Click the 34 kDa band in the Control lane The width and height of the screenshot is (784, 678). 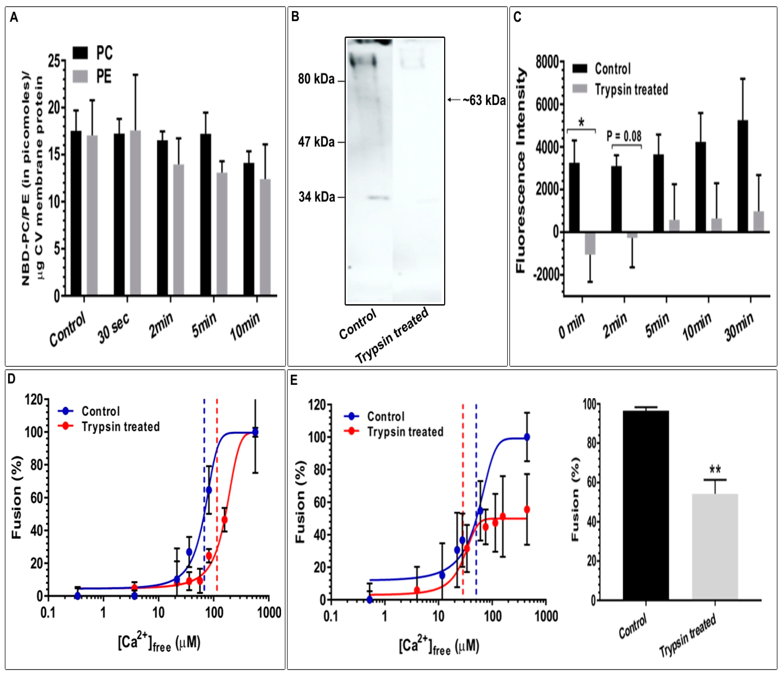[x=379, y=198]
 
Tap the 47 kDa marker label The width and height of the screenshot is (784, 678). [x=316, y=142]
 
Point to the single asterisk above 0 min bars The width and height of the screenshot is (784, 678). [x=582, y=122]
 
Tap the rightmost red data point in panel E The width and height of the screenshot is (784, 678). [x=527, y=510]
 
